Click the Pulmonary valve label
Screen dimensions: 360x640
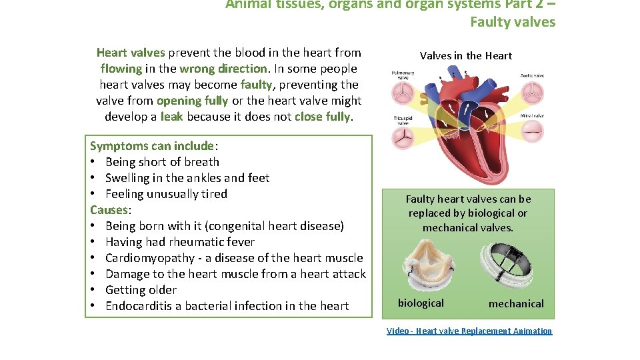click(x=403, y=75)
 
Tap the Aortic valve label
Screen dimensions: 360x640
click(x=531, y=76)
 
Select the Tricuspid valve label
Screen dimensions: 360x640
click(x=403, y=120)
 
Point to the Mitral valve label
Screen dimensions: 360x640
click(x=531, y=116)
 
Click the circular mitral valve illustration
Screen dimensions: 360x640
click(x=531, y=134)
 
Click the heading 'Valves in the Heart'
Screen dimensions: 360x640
click(x=466, y=55)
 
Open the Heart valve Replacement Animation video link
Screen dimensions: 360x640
click(x=469, y=331)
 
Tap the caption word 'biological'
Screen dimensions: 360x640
click(x=421, y=303)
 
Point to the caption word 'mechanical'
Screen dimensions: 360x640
click(x=516, y=303)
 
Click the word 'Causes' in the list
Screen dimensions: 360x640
click(x=109, y=210)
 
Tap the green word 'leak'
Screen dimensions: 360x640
click(x=172, y=117)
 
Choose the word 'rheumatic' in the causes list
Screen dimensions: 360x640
click(x=197, y=242)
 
